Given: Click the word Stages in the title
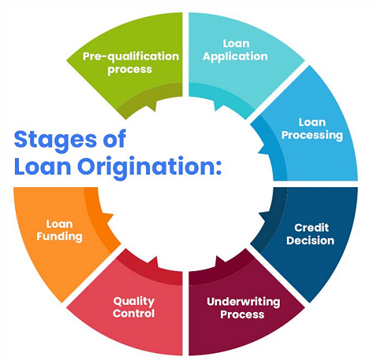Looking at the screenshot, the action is pyautogui.click(x=55, y=141).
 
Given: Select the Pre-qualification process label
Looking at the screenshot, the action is pyautogui.click(x=130, y=63).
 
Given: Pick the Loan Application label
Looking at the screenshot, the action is pyautogui.click(x=235, y=50).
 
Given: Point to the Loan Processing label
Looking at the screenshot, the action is pyautogui.click(x=312, y=129).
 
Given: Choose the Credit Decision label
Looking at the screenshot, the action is pyautogui.click(x=310, y=234).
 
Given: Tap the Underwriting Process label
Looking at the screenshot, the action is pyautogui.click(x=243, y=308).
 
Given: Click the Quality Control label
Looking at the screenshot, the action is pyautogui.click(x=134, y=307).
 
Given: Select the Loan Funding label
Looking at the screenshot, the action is pyautogui.click(x=60, y=230).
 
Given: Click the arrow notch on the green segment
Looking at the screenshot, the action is pyautogui.click(x=151, y=105).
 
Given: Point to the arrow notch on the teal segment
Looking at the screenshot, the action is pyautogui.click(x=219, y=105).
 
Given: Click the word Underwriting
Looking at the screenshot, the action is pyautogui.click(x=243, y=302).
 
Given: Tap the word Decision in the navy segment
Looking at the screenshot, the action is pyautogui.click(x=310, y=241).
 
